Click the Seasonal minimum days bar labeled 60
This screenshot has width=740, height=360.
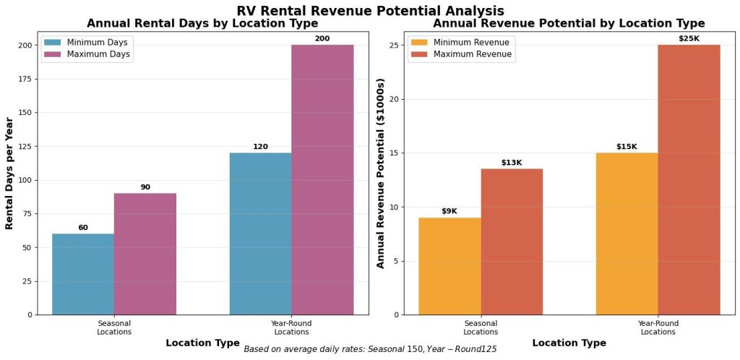click(x=82, y=274)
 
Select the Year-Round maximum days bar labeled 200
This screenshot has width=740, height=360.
click(x=322, y=180)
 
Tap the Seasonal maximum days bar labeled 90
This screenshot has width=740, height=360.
click(x=145, y=254)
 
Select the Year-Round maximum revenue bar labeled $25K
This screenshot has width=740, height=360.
click(x=689, y=180)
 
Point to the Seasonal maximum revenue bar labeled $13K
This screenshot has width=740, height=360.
click(x=512, y=241)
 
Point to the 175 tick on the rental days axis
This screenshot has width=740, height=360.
click(x=25, y=79)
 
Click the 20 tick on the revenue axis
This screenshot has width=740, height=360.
click(x=395, y=99)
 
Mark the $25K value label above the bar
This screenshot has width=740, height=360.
click(x=689, y=38)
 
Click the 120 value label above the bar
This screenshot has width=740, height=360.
click(x=260, y=147)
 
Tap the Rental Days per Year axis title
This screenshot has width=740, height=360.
click(x=10, y=173)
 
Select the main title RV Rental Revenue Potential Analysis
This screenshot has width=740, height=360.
click(x=370, y=10)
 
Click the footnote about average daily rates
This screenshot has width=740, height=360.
click(x=370, y=349)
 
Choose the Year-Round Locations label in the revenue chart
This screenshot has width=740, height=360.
click(x=658, y=327)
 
